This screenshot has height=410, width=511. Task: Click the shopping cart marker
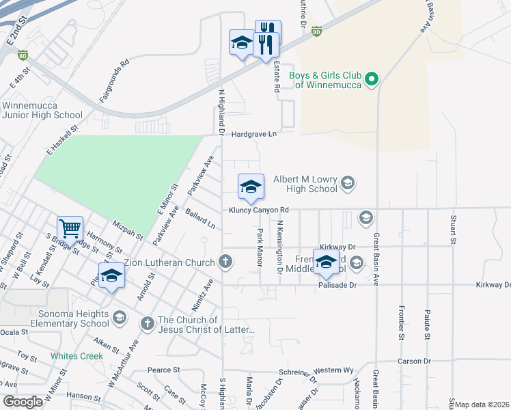tap(70, 228)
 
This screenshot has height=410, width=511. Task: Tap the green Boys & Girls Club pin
tap(372, 80)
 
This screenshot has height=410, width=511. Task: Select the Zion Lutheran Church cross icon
tap(225, 261)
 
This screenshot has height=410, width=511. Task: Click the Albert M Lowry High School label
tap(305, 184)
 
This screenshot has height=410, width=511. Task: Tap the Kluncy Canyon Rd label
tap(260, 210)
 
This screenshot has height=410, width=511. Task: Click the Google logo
tap(23, 402)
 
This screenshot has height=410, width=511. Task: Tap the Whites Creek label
tap(77, 356)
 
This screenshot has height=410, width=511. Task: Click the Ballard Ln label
tap(200, 220)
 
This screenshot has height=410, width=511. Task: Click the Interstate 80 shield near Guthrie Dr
tap(316, 31)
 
